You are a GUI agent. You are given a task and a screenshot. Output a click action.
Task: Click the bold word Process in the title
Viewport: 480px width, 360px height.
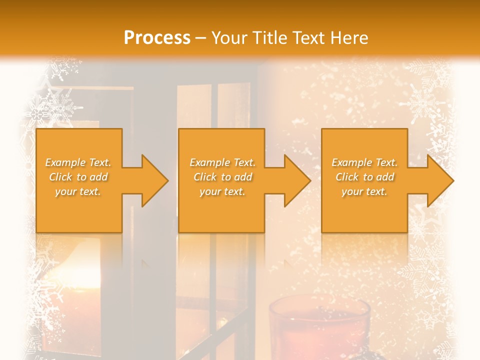coord(157,38)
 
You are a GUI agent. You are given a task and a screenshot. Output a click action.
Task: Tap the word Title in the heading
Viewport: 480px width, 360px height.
coord(269,38)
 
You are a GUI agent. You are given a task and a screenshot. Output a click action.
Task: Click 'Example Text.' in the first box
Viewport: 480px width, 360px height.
coord(78,162)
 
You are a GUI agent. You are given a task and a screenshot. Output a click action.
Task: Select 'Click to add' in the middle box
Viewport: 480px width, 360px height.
coord(222,177)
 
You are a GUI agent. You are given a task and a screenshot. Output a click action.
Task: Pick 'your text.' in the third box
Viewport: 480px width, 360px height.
coord(364,191)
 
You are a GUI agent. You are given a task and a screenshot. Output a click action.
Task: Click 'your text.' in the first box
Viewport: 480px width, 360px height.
coord(78,191)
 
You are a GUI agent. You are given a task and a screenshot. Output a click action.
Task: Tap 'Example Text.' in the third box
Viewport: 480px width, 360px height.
coord(364,162)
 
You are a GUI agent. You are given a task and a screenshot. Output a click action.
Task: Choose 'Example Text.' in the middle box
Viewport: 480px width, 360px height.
coord(222,162)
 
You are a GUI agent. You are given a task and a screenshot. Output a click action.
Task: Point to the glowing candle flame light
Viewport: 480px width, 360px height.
coord(75,272)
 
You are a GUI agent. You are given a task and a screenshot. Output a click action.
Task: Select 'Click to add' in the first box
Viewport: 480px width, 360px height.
coord(78,177)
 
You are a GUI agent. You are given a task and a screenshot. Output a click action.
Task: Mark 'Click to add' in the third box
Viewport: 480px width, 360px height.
coord(364,177)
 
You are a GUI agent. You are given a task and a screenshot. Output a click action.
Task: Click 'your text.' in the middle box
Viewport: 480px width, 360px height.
coord(222,191)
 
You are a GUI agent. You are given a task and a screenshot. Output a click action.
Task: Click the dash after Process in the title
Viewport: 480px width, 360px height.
coord(201,38)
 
